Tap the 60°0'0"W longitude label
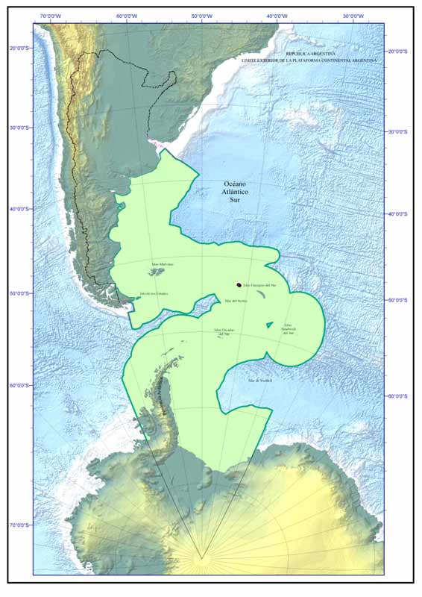click(126, 16)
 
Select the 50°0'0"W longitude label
click(201, 16)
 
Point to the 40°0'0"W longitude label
click(277, 16)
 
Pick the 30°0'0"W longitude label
click(353, 16)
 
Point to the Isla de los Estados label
click(154, 293)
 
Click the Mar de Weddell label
click(261, 381)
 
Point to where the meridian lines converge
click(201, 557)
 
